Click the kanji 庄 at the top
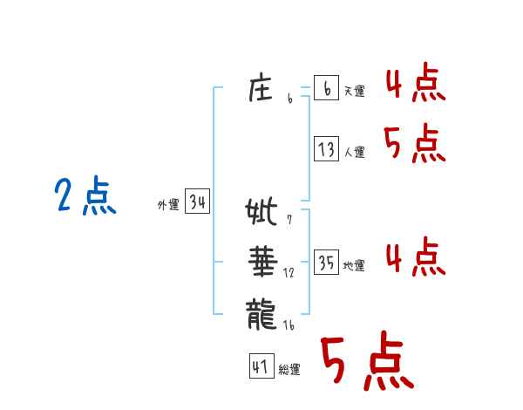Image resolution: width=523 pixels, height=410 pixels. click(261, 89)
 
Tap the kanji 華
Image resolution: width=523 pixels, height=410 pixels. click(263, 262)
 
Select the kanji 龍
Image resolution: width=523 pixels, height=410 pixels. click(261, 314)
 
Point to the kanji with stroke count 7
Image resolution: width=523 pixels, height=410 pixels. click(261, 211)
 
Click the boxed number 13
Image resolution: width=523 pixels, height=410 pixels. click(326, 148)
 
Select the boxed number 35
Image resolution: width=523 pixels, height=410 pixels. click(326, 262)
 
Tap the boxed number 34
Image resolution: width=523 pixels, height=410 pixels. click(197, 201)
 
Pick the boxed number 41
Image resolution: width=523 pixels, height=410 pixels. click(261, 366)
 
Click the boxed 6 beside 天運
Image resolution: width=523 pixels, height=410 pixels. click(326, 88)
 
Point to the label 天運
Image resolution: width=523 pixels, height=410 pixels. click(354, 91)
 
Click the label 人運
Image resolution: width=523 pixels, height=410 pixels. click(354, 153)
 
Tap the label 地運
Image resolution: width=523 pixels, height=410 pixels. click(354, 266)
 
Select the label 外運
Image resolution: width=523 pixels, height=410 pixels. click(168, 205)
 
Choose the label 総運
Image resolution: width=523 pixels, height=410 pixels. click(289, 370)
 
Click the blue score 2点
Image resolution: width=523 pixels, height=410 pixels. click(85, 195)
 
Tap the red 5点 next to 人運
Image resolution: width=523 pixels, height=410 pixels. click(415, 143)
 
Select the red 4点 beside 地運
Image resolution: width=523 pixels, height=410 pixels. click(416, 256)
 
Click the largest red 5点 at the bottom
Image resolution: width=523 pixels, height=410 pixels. click(368, 360)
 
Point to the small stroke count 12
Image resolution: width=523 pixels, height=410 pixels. click(289, 273)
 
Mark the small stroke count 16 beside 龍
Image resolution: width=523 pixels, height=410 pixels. click(289, 325)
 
